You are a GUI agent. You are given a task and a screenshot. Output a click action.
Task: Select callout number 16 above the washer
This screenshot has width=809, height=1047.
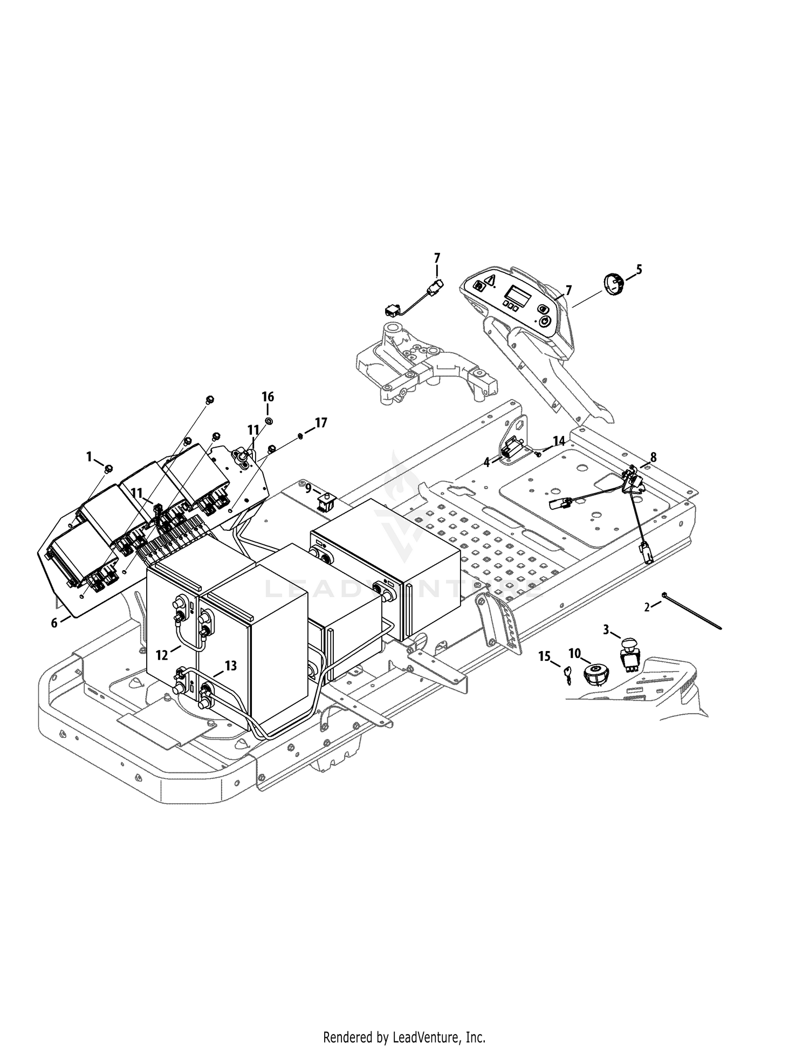tap(268, 397)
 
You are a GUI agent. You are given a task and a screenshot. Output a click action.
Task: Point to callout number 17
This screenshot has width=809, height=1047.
tap(321, 423)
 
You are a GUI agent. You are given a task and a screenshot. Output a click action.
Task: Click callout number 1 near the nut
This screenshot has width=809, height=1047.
tap(90, 457)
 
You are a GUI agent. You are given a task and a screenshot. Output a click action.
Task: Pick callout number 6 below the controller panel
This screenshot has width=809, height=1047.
tap(54, 623)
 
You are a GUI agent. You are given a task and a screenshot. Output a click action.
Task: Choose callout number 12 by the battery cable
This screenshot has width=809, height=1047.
tap(162, 655)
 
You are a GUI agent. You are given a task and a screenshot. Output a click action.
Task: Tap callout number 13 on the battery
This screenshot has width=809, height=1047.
tap(230, 666)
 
